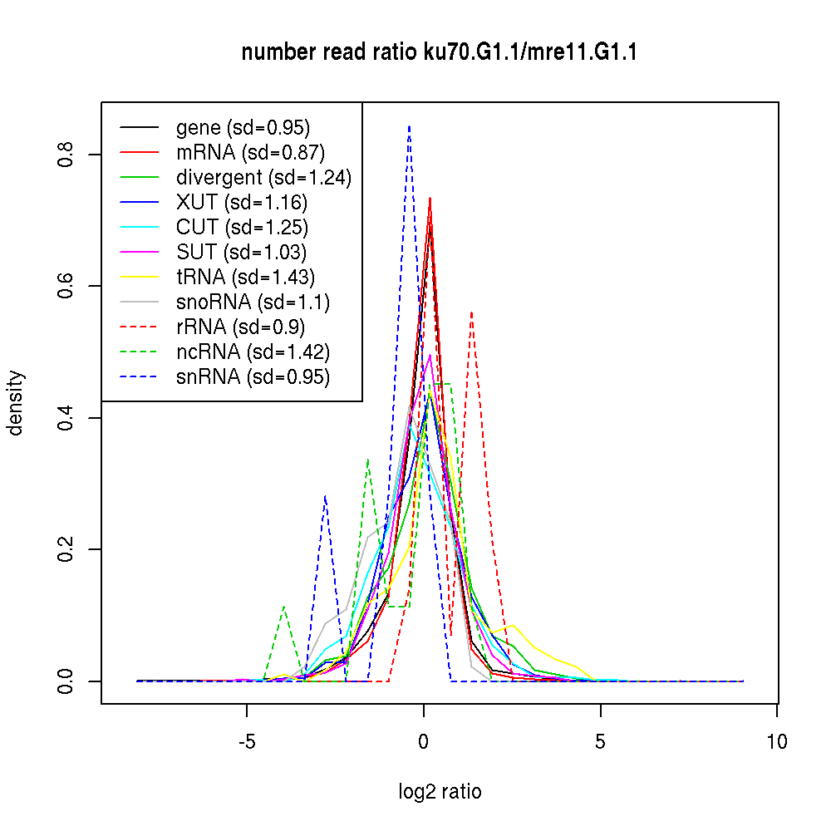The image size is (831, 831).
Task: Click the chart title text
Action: coord(439,53)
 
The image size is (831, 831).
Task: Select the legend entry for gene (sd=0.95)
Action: coord(243,128)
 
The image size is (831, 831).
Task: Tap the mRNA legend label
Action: coord(250,153)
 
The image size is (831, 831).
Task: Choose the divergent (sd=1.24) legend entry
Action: coord(263,178)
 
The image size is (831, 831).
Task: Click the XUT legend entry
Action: coord(241,203)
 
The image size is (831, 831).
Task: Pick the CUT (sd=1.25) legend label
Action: coord(242,228)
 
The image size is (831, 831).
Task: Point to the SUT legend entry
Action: coord(241,253)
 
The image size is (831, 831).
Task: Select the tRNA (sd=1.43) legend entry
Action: coord(245,278)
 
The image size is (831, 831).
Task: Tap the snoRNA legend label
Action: coord(253,302)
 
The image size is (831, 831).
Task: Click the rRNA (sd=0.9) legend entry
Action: coord(242,327)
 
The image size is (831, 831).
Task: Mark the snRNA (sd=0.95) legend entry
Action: coord(253,377)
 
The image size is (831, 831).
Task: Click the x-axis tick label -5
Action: coord(247,741)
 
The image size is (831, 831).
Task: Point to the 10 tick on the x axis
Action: coord(777,741)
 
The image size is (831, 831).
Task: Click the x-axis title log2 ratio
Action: coord(440,792)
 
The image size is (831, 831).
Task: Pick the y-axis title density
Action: coord(16,402)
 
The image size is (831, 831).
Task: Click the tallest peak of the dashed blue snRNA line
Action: coord(409,126)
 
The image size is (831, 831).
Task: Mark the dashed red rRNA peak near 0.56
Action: coord(472,312)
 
